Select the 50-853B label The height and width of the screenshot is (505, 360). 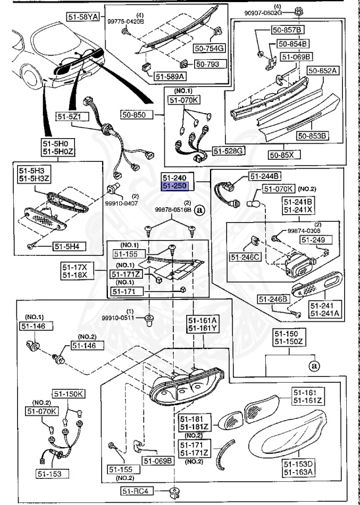(x=312, y=136)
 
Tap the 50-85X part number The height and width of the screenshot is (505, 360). (x=284, y=155)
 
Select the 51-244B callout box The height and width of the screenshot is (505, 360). (x=265, y=176)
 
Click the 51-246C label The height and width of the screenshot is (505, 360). (x=245, y=256)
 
